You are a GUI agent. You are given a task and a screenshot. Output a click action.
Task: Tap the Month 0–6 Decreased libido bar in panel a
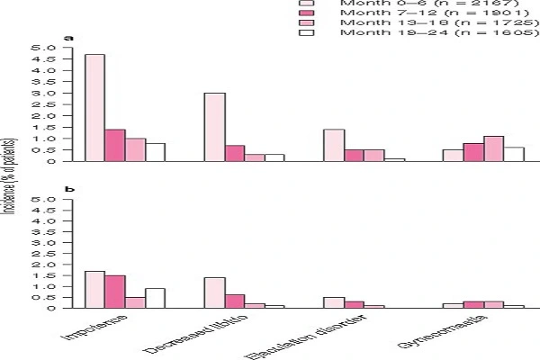tap(214, 127)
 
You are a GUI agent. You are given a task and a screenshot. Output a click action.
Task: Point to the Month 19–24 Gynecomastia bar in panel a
tap(514, 154)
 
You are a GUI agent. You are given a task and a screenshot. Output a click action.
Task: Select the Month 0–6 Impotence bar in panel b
tap(94, 290)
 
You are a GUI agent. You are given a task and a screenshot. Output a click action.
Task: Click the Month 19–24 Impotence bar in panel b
tap(155, 298)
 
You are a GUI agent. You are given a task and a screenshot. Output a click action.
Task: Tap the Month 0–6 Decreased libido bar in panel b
tap(214, 292)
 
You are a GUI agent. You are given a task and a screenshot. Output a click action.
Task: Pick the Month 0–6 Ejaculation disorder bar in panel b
tap(333, 302)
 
